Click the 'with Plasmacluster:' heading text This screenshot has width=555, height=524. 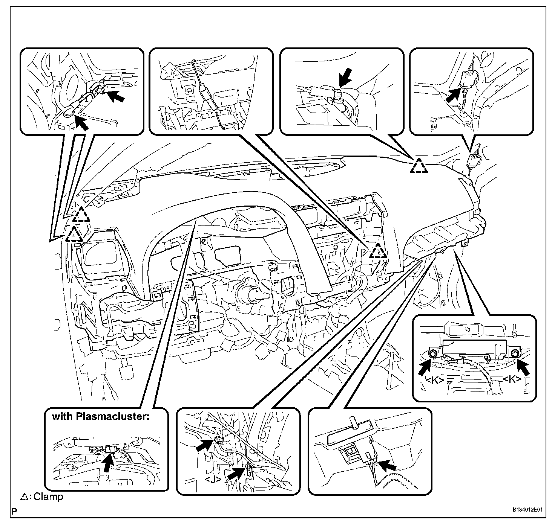point(100,417)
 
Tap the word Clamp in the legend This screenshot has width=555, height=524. point(49,497)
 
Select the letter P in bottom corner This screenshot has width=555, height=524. point(14,511)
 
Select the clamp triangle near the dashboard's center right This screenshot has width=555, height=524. point(378,251)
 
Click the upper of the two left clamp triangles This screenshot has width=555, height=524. point(81,215)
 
